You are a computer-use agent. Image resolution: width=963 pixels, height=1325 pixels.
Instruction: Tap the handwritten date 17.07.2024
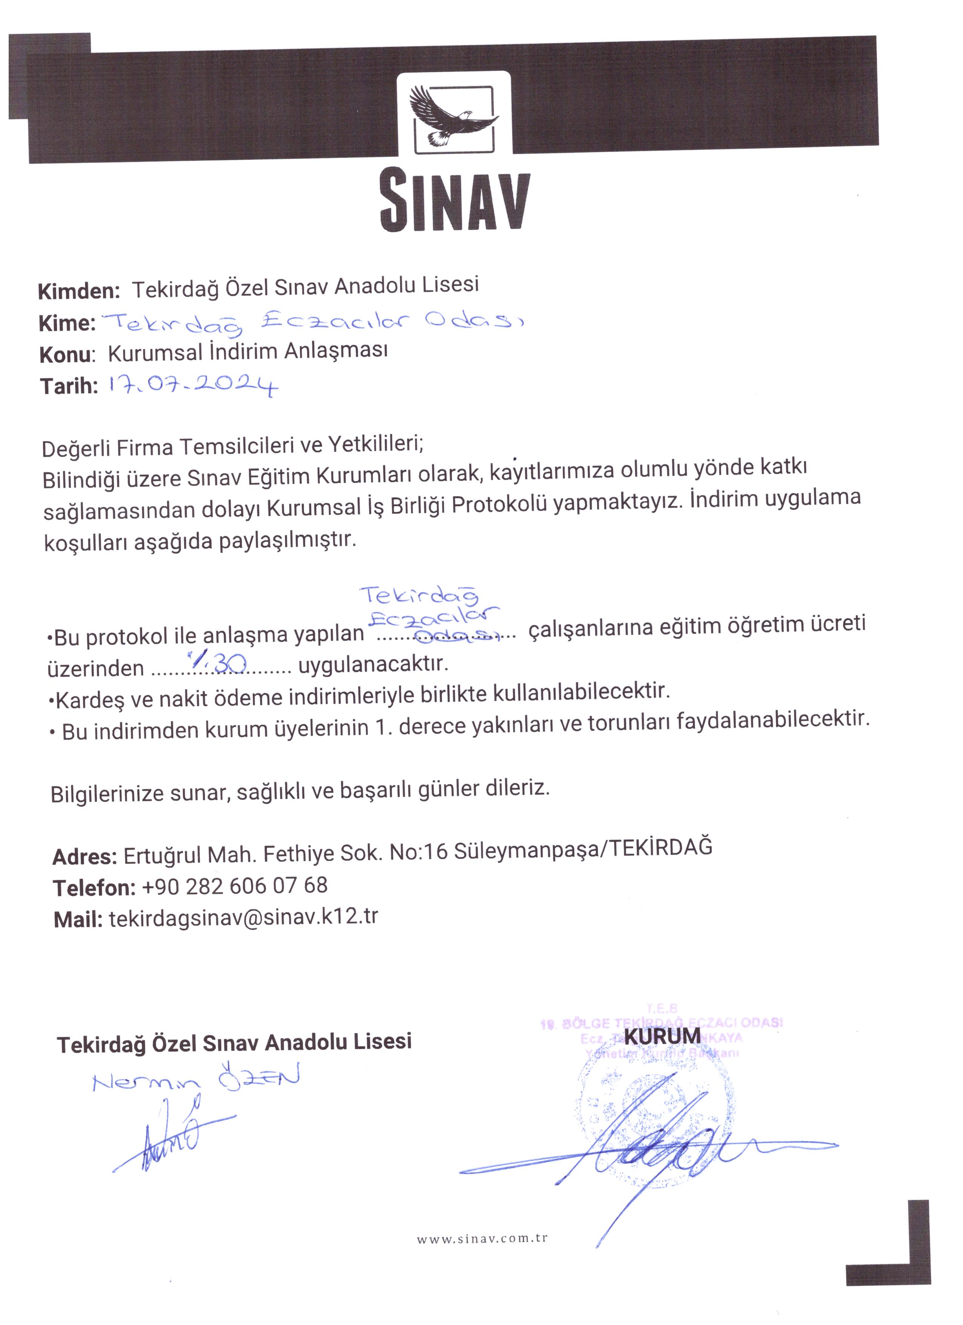193,385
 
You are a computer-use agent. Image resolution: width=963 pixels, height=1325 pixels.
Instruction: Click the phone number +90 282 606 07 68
234,886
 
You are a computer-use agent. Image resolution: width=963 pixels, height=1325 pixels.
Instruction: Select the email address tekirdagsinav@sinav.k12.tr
243,917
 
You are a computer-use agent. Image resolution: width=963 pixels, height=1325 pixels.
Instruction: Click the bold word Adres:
85,857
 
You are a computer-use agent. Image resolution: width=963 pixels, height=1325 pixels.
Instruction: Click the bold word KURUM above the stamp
662,1036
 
